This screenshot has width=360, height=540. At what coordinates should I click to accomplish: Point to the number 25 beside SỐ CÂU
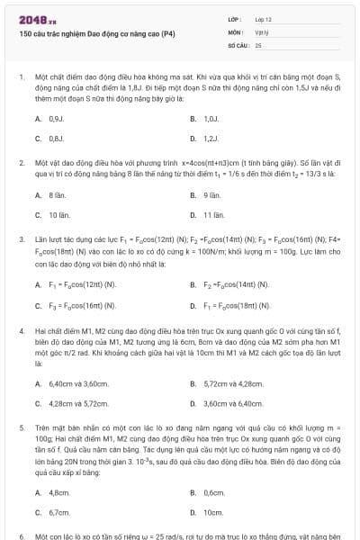[x=258, y=43]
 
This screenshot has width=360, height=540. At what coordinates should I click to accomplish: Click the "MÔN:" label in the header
[x=235, y=31]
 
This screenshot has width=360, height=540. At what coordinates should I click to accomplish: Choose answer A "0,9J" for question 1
[x=56, y=118]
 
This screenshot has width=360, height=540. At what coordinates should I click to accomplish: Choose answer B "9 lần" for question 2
[x=212, y=194]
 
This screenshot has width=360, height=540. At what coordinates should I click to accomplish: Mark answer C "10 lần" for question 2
[x=58, y=215]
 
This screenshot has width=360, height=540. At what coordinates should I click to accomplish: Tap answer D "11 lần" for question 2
[x=213, y=215]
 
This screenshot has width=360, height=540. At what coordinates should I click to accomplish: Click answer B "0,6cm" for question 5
[x=213, y=491]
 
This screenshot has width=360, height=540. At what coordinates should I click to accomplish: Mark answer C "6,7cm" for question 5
[x=58, y=512]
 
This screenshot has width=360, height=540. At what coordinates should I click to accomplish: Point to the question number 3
[x=21, y=240]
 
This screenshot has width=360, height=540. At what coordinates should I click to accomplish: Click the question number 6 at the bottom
[x=21, y=535]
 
